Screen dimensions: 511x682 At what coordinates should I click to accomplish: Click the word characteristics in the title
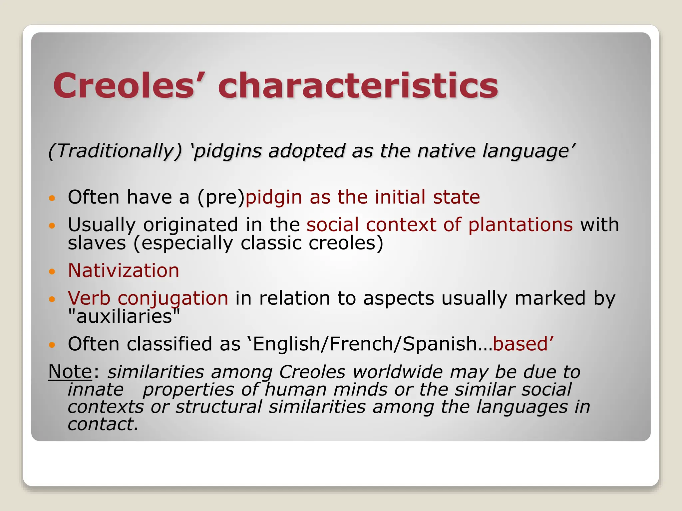point(358,85)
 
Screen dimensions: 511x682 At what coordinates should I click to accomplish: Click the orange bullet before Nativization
point(51,271)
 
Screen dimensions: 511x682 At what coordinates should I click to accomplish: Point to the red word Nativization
point(124,270)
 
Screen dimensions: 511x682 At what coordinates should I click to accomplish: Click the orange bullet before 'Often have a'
point(51,199)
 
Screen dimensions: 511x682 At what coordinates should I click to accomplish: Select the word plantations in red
point(520,225)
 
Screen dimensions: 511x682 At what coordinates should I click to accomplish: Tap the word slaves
point(97,243)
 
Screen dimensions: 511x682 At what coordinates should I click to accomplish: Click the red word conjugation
point(173,298)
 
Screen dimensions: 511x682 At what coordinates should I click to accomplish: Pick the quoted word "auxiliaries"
point(124,316)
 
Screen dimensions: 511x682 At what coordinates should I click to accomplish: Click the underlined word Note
point(70,372)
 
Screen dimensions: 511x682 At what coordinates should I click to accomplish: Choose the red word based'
point(523,344)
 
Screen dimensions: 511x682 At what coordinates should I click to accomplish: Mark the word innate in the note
point(96,390)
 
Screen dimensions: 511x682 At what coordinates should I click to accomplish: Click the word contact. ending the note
point(103,424)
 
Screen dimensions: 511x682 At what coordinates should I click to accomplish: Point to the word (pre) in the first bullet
point(221,197)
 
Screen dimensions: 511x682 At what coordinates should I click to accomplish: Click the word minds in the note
point(360,390)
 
